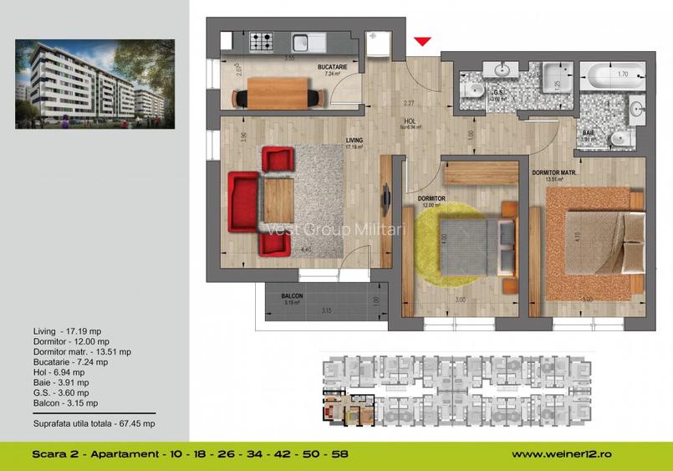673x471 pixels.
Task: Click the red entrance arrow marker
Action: click(x=423, y=40)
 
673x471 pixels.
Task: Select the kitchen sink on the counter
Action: click(x=307, y=39)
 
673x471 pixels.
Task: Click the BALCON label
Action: click(x=292, y=296)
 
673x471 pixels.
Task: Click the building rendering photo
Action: click(x=95, y=80)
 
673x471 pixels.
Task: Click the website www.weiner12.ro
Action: click(x=562, y=453)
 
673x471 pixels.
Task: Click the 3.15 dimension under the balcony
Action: click(x=327, y=310)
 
